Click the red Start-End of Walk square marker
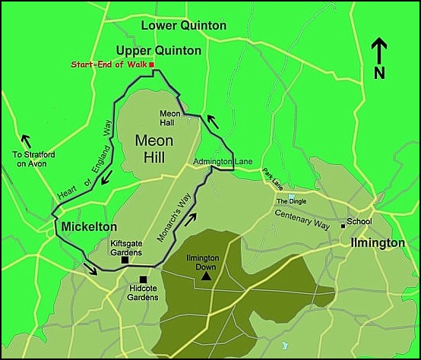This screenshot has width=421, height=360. (152, 65)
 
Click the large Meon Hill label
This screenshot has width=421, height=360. (154, 147)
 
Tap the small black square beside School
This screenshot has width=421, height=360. (343, 223)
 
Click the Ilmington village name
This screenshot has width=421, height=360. (378, 243)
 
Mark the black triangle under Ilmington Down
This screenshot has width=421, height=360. (206, 277)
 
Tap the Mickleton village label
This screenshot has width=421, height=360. (89, 227)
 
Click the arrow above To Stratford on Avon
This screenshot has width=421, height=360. (27, 141)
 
